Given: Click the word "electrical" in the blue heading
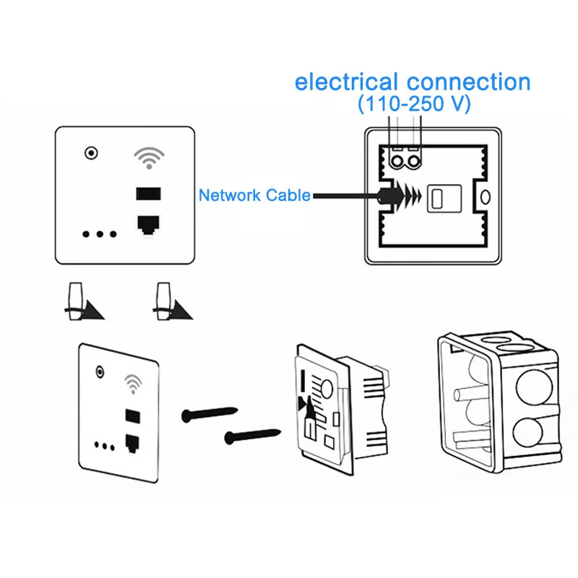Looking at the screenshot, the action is pos(346,82).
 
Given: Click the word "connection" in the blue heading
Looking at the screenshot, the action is pos(468,82).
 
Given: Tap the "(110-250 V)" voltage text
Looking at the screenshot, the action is pos(414,103).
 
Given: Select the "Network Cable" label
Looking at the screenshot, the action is pos(254,195).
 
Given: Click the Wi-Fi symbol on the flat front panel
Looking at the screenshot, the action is pos(149,158).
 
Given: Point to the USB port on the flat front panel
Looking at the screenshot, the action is pos(149,194).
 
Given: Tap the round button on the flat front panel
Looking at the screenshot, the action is pos(91,152).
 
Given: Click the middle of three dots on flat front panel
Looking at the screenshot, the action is pos(100,234).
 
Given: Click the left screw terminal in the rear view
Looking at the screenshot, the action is pos(397,161).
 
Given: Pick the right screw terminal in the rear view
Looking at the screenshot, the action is pos(414,161).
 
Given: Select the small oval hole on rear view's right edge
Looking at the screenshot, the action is pos(486,197).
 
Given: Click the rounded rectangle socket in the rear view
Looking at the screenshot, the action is pos(444,198).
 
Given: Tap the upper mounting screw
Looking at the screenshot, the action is pos(210,414).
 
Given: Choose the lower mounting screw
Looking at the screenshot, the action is pos(253,436).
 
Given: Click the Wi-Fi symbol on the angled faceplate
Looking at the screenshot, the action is pos(133,384).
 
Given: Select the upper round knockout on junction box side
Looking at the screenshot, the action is pos(534,388).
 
